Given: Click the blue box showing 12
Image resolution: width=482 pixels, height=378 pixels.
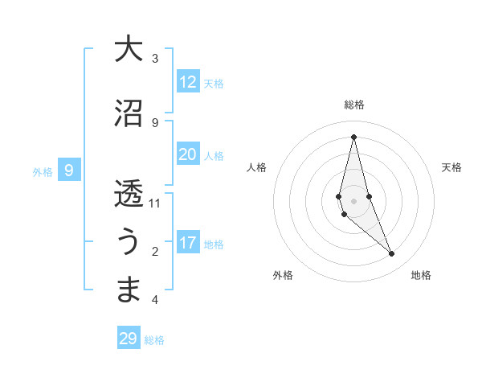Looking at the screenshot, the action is click(188, 82).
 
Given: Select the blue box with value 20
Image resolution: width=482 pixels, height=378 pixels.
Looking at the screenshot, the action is click(188, 154).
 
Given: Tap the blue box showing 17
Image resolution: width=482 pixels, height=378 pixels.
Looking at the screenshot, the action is click(188, 243).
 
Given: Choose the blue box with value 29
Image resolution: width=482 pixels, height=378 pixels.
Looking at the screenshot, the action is click(129, 339).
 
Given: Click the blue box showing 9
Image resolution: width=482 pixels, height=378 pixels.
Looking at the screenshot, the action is click(70, 171).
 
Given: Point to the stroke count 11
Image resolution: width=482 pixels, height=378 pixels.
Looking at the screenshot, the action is click(155, 203).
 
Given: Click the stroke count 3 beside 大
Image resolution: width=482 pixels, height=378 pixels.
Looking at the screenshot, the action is click(155, 59).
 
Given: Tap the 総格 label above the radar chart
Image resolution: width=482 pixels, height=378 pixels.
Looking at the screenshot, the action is click(354, 105).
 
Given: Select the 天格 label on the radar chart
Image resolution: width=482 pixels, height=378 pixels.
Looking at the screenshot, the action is click(452, 167).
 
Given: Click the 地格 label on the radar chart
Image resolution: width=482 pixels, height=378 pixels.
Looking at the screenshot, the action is click(421, 275).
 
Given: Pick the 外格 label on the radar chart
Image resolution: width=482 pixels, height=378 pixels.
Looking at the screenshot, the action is click(283, 275).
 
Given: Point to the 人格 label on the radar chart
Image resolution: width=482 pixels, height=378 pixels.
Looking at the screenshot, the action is click(256, 167).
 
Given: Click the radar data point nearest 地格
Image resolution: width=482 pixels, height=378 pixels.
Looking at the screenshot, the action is click(392, 253).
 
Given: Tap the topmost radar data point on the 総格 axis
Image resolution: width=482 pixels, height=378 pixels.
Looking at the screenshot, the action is click(353, 137).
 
